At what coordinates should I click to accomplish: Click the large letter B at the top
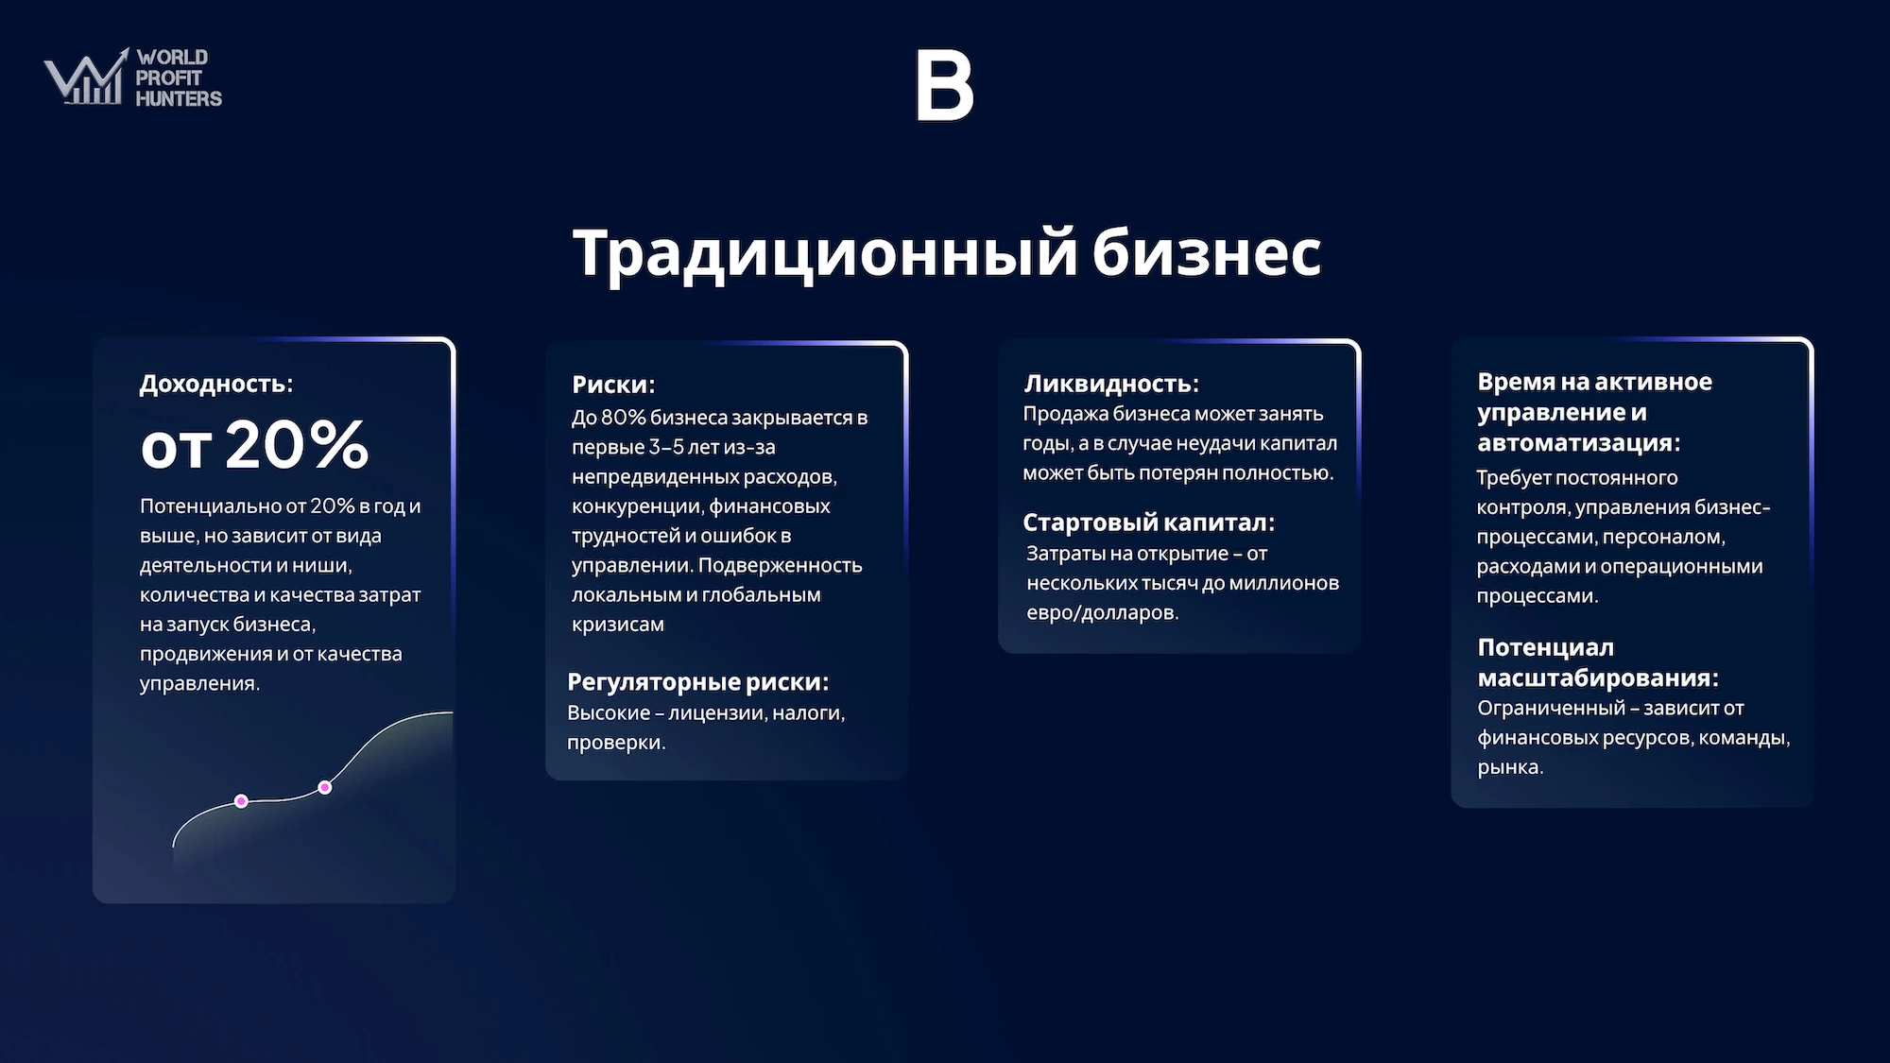[944, 85]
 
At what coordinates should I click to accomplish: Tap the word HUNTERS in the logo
[179, 98]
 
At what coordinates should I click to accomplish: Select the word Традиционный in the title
[825, 253]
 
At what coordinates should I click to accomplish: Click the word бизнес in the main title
[1207, 253]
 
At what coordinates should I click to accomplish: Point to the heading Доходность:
[216, 384]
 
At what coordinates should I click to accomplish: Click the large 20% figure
[297, 444]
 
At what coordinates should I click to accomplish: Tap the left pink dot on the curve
[241, 801]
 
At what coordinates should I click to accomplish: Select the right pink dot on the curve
[325, 787]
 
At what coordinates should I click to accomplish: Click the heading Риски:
[613, 385]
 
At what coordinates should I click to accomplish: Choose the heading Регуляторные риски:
[697, 682]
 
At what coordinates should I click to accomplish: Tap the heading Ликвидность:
[1111, 384]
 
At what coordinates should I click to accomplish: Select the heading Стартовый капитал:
[1149, 523]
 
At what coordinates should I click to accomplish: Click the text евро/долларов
[1103, 612]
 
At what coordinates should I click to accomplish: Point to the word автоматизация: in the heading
[1579, 443]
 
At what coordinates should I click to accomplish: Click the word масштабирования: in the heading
[1598, 678]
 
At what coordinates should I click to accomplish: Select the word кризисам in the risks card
[618, 625]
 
